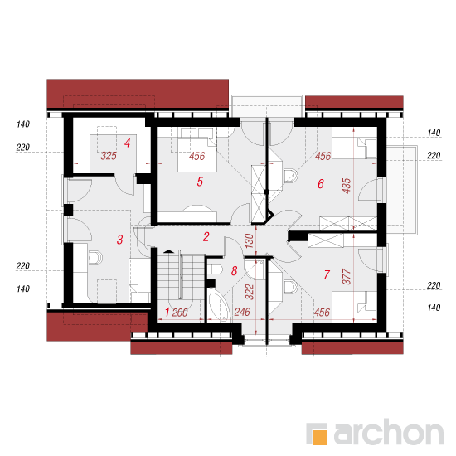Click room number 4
[127, 143]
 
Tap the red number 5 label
[200, 182]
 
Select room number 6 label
[321, 184]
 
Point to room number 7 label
[327, 274]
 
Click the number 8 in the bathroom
[234, 271]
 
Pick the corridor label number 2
[206, 237]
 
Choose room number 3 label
[120, 240]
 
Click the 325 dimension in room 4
[109, 156]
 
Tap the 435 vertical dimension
[347, 186]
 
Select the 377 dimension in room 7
[347, 277]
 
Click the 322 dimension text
[250, 292]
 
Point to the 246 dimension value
[242, 312]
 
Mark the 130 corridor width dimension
[250, 241]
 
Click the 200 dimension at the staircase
[180, 313]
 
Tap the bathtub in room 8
[218, 307]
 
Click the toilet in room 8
[216, 269]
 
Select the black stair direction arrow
[167, 251]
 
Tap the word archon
[389, 432]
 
